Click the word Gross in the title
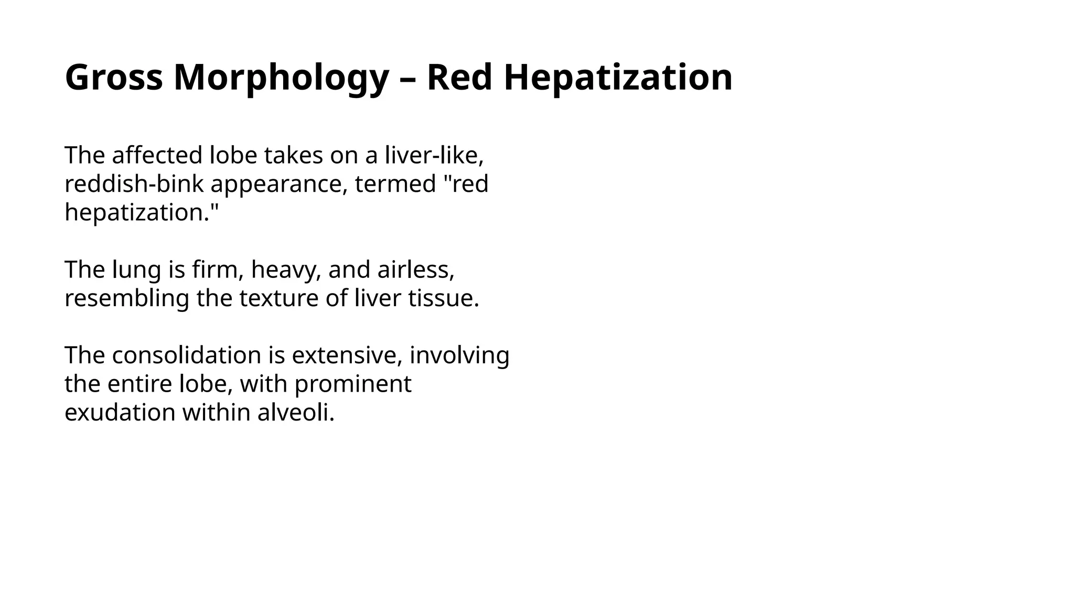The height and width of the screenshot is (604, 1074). click(x=113, y=78)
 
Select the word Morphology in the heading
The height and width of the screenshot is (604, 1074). click(x=281, y=78)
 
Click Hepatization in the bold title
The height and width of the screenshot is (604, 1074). click(x=618, y=78)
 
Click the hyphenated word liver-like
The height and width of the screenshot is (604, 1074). click(x=434, y=155)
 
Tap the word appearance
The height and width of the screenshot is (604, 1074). click(x=279, y=184)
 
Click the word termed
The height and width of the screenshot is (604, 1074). click(x=395, y=184)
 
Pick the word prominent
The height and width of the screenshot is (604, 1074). click(x=352, y=384)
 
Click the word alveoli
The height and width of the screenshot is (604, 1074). click(x=296, y=413)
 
